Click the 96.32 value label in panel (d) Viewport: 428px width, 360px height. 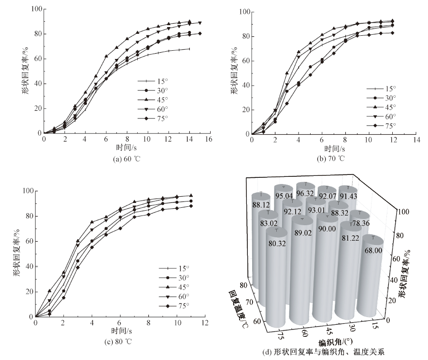(306, 193)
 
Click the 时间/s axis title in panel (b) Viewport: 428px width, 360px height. (334, 148)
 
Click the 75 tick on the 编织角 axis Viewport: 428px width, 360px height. (279, 335)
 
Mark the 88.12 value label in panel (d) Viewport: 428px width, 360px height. (261, 204)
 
